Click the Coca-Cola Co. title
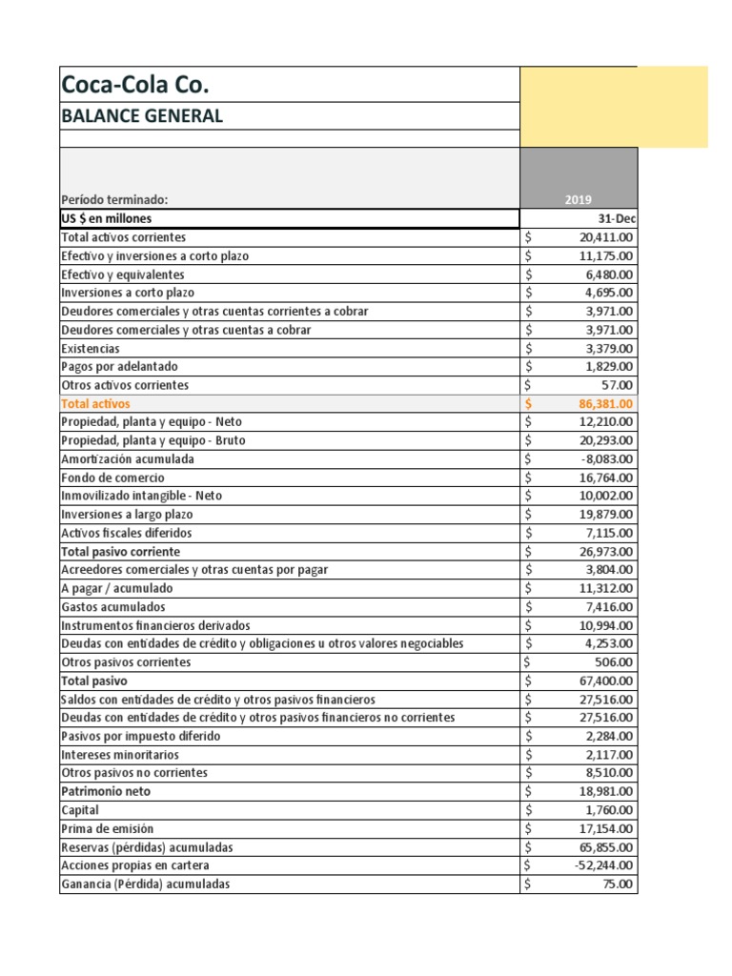pyautogui.click(x=135, y=85)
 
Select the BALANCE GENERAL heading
pyautogui.click(x=142, y=116)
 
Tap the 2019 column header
pyautogui.click(x=578, y=200)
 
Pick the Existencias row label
pyautogui.click(x=91, y=349)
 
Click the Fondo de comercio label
pyautogui.click(x=112, y=478)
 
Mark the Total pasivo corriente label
pyautogui.click(x=120, y=552)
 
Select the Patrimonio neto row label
pyautogui.click(x=106, y=792)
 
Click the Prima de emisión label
pyautogui.click(x=107, y=828)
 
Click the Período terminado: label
pyautogui.click(x=114, y=200)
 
